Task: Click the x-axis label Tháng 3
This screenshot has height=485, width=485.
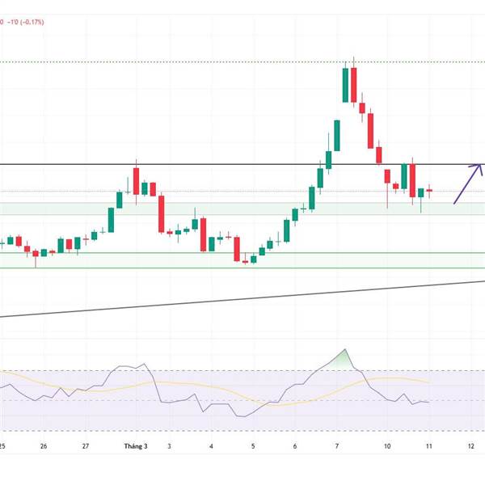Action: pos(136,446)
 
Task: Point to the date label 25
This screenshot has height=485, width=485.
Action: pos(2,446)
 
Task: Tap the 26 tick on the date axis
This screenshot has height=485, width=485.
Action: pos(44,446)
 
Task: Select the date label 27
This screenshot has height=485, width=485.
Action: pos(86,446)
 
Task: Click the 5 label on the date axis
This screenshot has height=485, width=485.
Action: pos(253,446)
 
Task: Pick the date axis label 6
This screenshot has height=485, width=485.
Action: pos(295,446)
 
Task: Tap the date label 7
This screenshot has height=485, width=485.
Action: pos(337,446)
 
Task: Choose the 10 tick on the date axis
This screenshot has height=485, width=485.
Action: pos(387,446)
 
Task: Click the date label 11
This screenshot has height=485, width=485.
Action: pos(429,446)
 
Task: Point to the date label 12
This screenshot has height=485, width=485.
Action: pos(471,446)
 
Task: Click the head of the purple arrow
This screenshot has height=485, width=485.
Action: pos(480,167)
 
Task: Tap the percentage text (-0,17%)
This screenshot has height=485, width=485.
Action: pos(33,23)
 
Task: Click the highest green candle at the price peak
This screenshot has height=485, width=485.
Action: pos(346,85)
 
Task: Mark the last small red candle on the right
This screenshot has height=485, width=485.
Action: pos(429,191)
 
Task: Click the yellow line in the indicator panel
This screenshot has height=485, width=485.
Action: pos(388,377)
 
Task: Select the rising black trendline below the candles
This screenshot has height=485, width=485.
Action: pos(242,298)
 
